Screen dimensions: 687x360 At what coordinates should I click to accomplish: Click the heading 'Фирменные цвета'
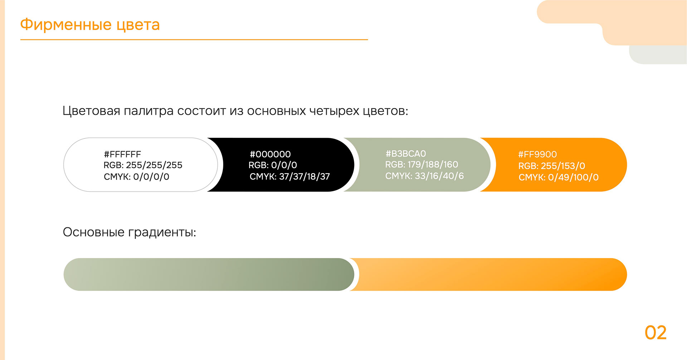[90, 25]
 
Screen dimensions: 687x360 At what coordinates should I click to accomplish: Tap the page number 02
[656, 333]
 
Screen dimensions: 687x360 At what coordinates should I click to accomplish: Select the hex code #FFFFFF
[122, 154]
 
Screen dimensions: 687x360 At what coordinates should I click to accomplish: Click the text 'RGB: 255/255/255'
[143, 165]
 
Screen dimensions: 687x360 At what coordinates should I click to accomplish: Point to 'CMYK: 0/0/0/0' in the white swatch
[136, 176]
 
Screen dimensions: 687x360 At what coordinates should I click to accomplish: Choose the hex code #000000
[270, 154]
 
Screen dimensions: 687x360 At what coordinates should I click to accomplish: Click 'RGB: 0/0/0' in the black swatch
[273, 165]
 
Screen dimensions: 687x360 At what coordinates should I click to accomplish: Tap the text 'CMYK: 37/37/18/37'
[289, 176]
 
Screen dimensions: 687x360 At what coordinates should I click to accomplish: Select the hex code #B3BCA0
[405, 154]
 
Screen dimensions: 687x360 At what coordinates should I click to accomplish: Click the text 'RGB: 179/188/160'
[422, 164]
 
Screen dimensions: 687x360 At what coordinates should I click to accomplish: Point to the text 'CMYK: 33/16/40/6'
[424, 176]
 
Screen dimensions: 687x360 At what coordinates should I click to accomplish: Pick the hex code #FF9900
[537, 154]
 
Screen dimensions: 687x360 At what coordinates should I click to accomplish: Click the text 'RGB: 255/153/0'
[551, 166]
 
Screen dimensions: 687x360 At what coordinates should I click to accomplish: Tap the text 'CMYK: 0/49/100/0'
[558, 177]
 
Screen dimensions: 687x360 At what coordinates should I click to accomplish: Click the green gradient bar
[208, 274]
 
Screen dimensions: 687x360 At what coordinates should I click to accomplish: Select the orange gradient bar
[490, 274]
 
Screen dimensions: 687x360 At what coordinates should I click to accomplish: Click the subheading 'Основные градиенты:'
[129, 232]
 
